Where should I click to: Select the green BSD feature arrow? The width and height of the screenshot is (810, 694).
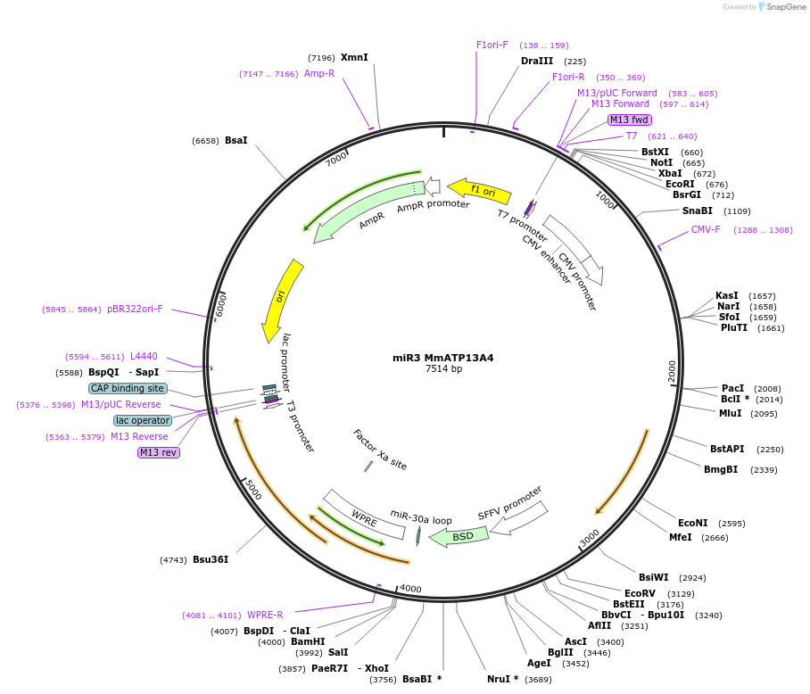(459, 537)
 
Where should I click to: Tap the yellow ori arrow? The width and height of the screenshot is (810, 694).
(281, 301)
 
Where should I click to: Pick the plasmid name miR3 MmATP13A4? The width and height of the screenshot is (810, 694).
(442, 358)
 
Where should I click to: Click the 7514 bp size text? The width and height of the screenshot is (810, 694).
(443, 368)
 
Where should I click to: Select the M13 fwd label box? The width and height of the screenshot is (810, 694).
(629, 120)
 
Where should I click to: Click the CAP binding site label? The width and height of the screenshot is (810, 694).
(127, 388)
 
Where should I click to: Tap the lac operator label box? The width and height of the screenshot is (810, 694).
(143, 420)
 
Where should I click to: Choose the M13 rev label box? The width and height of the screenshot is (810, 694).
(158, 452)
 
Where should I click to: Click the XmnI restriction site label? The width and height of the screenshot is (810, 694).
(354, 57)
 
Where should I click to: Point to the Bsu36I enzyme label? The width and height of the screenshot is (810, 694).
(211, 559)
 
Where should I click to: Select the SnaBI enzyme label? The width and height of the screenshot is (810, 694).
(697, 211)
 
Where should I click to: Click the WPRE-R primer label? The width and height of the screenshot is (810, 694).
(265, 615)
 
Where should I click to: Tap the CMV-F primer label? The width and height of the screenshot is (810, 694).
(706, 229)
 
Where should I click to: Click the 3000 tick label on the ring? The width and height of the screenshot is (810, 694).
(589, 538)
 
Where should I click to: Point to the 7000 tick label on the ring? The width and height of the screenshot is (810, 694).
(336, 159)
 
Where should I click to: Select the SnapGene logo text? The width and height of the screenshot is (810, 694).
(785, 7)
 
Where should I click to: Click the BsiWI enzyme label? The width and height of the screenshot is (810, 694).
(654, 577)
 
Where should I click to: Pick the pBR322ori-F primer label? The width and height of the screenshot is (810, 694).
(135, 309)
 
